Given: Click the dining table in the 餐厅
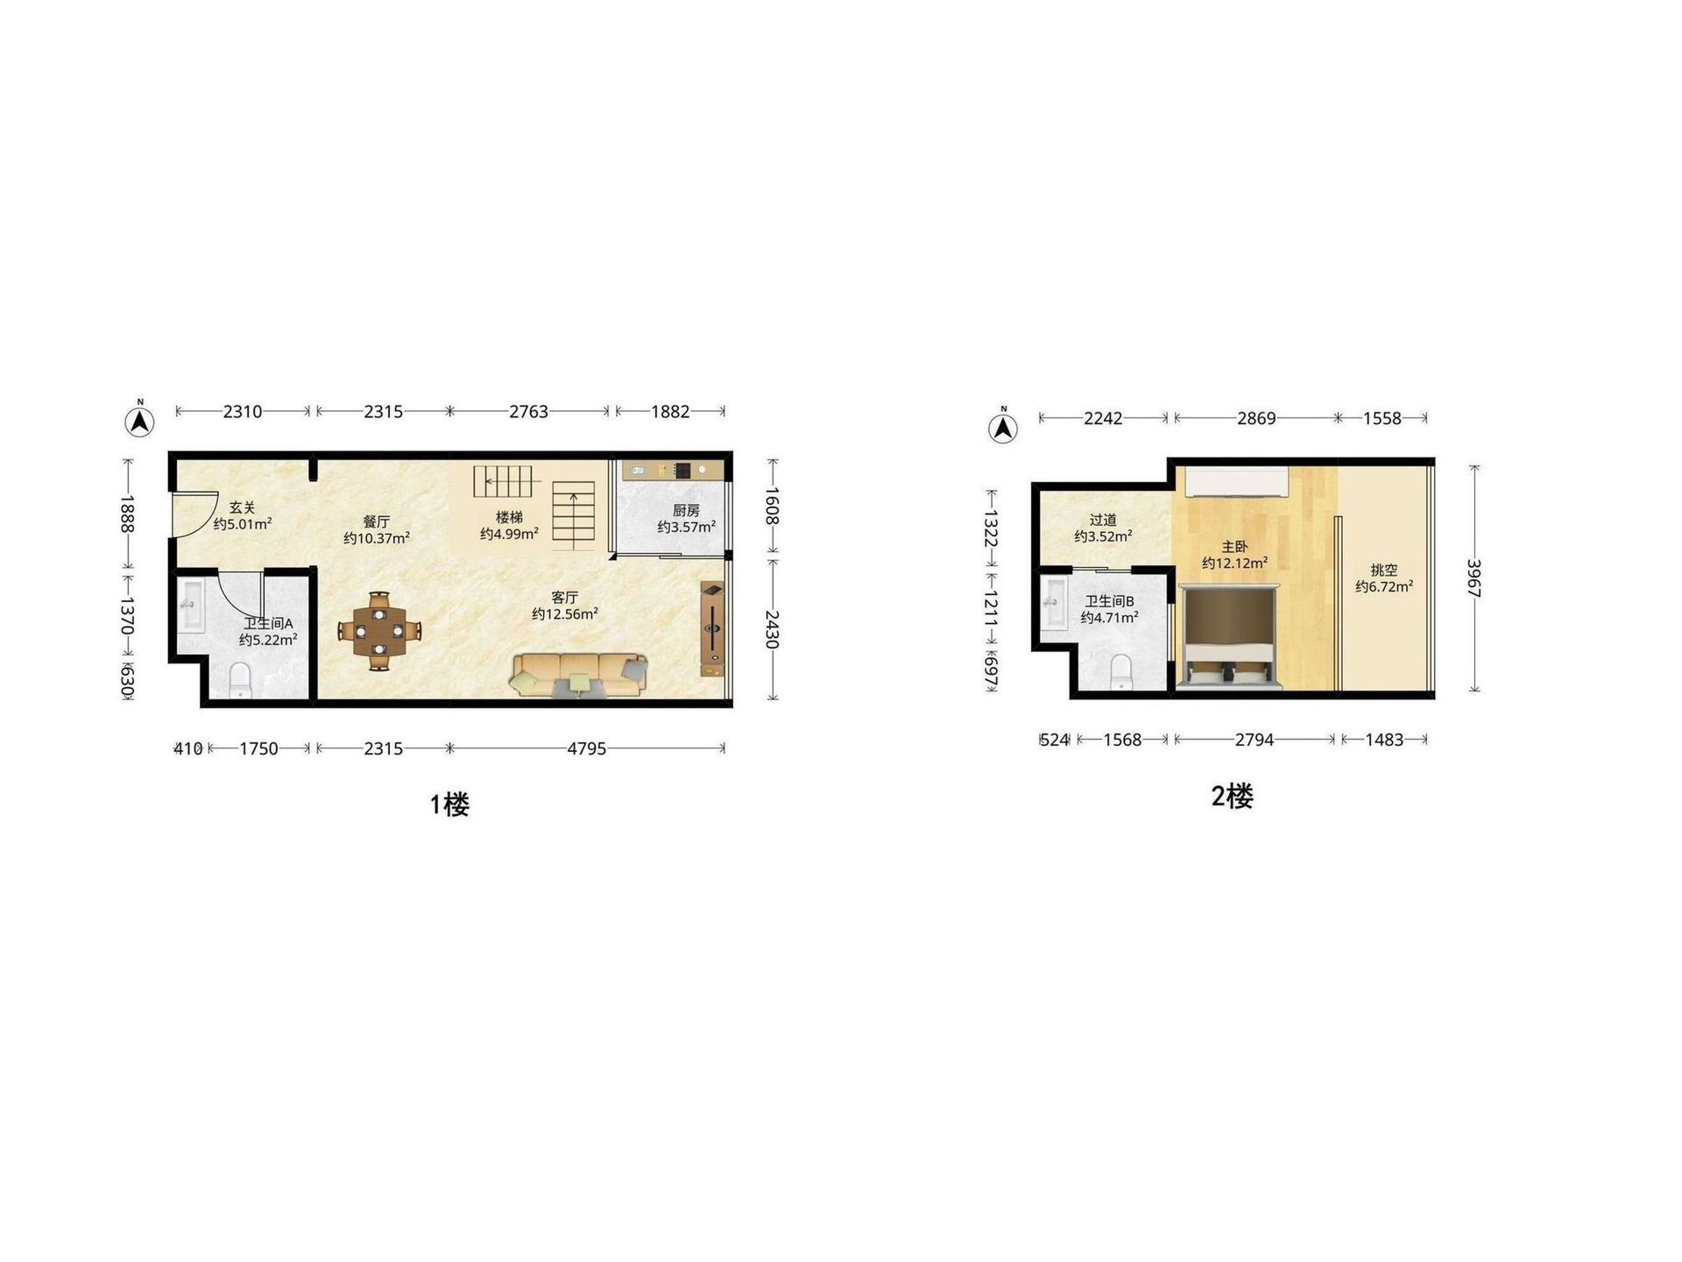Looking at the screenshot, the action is click(379, 631).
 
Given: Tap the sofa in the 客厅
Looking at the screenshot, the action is click(579, 675).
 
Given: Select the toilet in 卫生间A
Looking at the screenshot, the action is click(239, 681).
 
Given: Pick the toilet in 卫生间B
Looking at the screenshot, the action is click(1121, 672).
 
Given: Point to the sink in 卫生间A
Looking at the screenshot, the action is click(191, 605).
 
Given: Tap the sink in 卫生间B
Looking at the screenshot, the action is click(1055, 604).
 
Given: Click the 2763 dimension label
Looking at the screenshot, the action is click(528, 411).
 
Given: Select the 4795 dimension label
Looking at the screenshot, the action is click(586, 748).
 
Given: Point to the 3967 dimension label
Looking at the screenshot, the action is click(1474, 578).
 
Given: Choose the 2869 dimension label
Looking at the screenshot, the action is click(1256, 418).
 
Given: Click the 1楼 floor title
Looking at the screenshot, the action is click(449, 805).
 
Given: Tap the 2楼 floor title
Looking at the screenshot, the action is click(1232, 796).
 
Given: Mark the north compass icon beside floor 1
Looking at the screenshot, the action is click(139, 420).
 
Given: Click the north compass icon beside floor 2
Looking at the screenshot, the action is click(1003, 426).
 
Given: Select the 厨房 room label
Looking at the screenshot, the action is click(686, 511).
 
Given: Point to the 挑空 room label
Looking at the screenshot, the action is click(1384, 571).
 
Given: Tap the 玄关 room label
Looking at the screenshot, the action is click(242, 507).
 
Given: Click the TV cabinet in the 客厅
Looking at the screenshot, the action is click(712, 629).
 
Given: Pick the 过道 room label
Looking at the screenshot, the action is click(1103, 520).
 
